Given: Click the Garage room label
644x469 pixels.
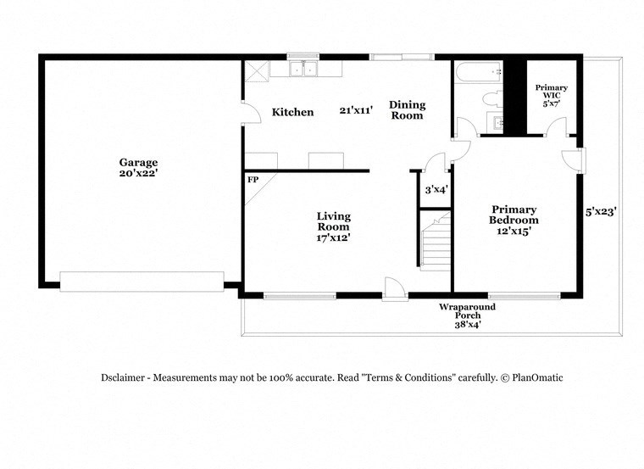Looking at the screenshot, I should (x=138, y=162).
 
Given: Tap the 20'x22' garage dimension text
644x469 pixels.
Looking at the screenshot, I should (x=138, y=173).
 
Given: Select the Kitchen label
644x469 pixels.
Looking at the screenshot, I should (x=292, y=112).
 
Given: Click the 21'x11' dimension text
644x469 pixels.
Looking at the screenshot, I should (x=357, y=110).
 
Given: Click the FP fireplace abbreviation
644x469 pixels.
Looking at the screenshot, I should (x=253, y=180).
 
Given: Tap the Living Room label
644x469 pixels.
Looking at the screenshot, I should (x=334, y=221).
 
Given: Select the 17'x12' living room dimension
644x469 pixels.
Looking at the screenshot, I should (x=334, y=238).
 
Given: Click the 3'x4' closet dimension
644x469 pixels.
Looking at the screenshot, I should (x=435, y=189).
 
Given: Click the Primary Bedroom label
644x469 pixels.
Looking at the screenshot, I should (x=514, y=215).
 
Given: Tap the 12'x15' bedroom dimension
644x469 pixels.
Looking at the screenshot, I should (x=514, y=231).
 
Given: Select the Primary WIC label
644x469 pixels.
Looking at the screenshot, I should (x=551, y=92).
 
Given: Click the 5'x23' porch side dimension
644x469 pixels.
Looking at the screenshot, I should (x=600, y=212).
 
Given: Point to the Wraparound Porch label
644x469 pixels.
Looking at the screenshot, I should (x=467, y=310).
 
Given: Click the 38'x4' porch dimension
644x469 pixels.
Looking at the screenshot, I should (x=467, y=324).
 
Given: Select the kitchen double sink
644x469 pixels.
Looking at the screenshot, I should (x=302, y=70).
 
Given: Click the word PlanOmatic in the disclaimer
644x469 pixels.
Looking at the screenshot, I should (x=536, y=377).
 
